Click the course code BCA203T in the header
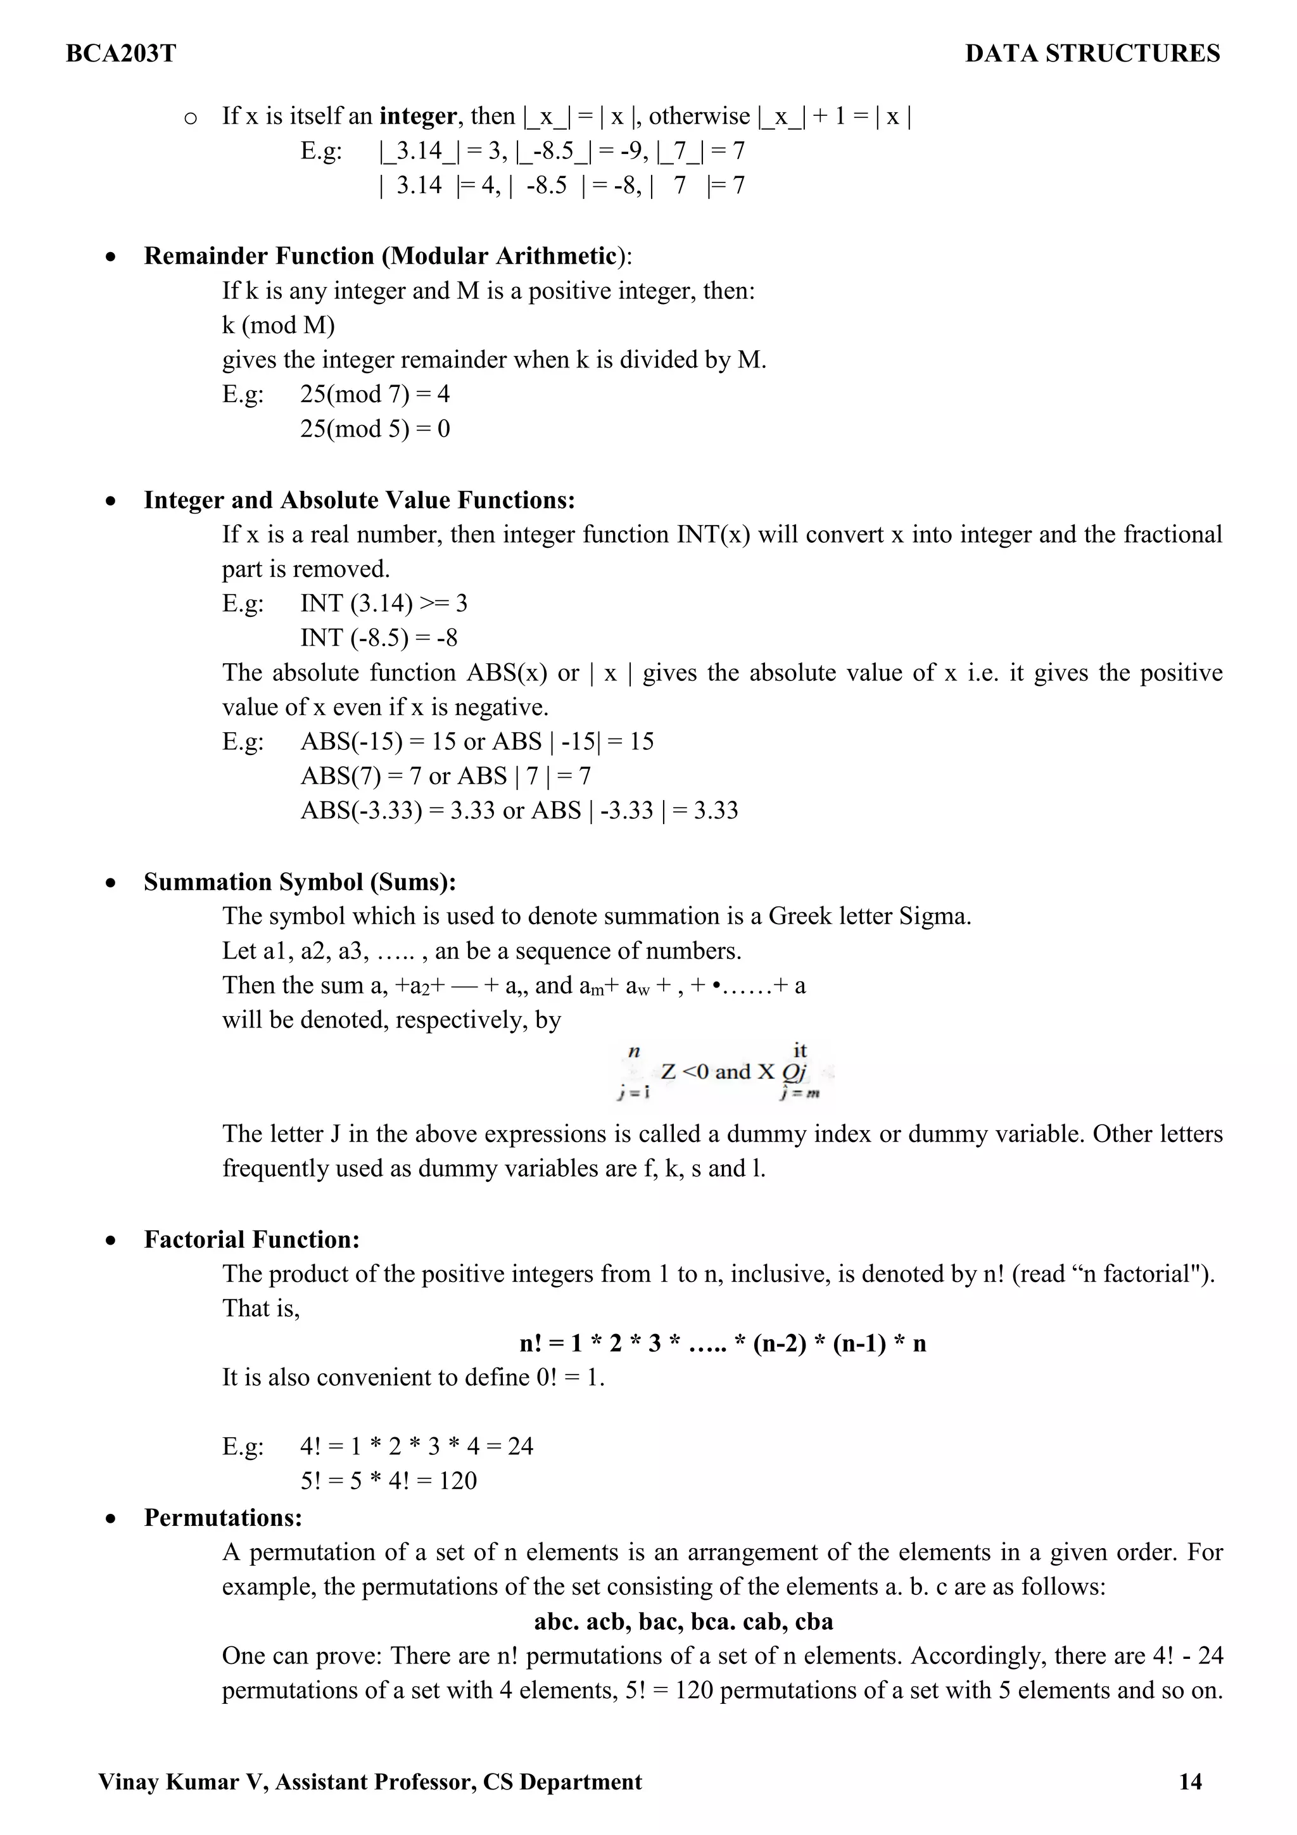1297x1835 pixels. (x=121, y=54)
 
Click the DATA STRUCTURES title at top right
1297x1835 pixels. (x=1092, y=54)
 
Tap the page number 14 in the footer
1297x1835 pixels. (x=1190, y=1781)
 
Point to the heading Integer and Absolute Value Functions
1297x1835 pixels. (x=359, y=500)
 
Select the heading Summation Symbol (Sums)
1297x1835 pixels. (x=300, y=882)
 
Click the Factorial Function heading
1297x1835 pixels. (x=251, y=1240)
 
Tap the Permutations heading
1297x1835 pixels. (x=223, y=1518)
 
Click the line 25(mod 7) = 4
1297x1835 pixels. (x=375, y=394)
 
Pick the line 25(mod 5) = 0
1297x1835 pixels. (x=375, y=429)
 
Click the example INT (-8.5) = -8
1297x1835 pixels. (x=379, y=638)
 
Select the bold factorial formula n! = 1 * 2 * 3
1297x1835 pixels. (x=723, y=1343)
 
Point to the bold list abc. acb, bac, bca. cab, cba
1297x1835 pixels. (x=683, y=1622)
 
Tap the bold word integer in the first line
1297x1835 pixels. (x=417, y=117)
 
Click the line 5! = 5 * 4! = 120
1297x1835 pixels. (x=388, y=1481)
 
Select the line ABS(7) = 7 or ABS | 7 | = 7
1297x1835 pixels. (x=445, y=776)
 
